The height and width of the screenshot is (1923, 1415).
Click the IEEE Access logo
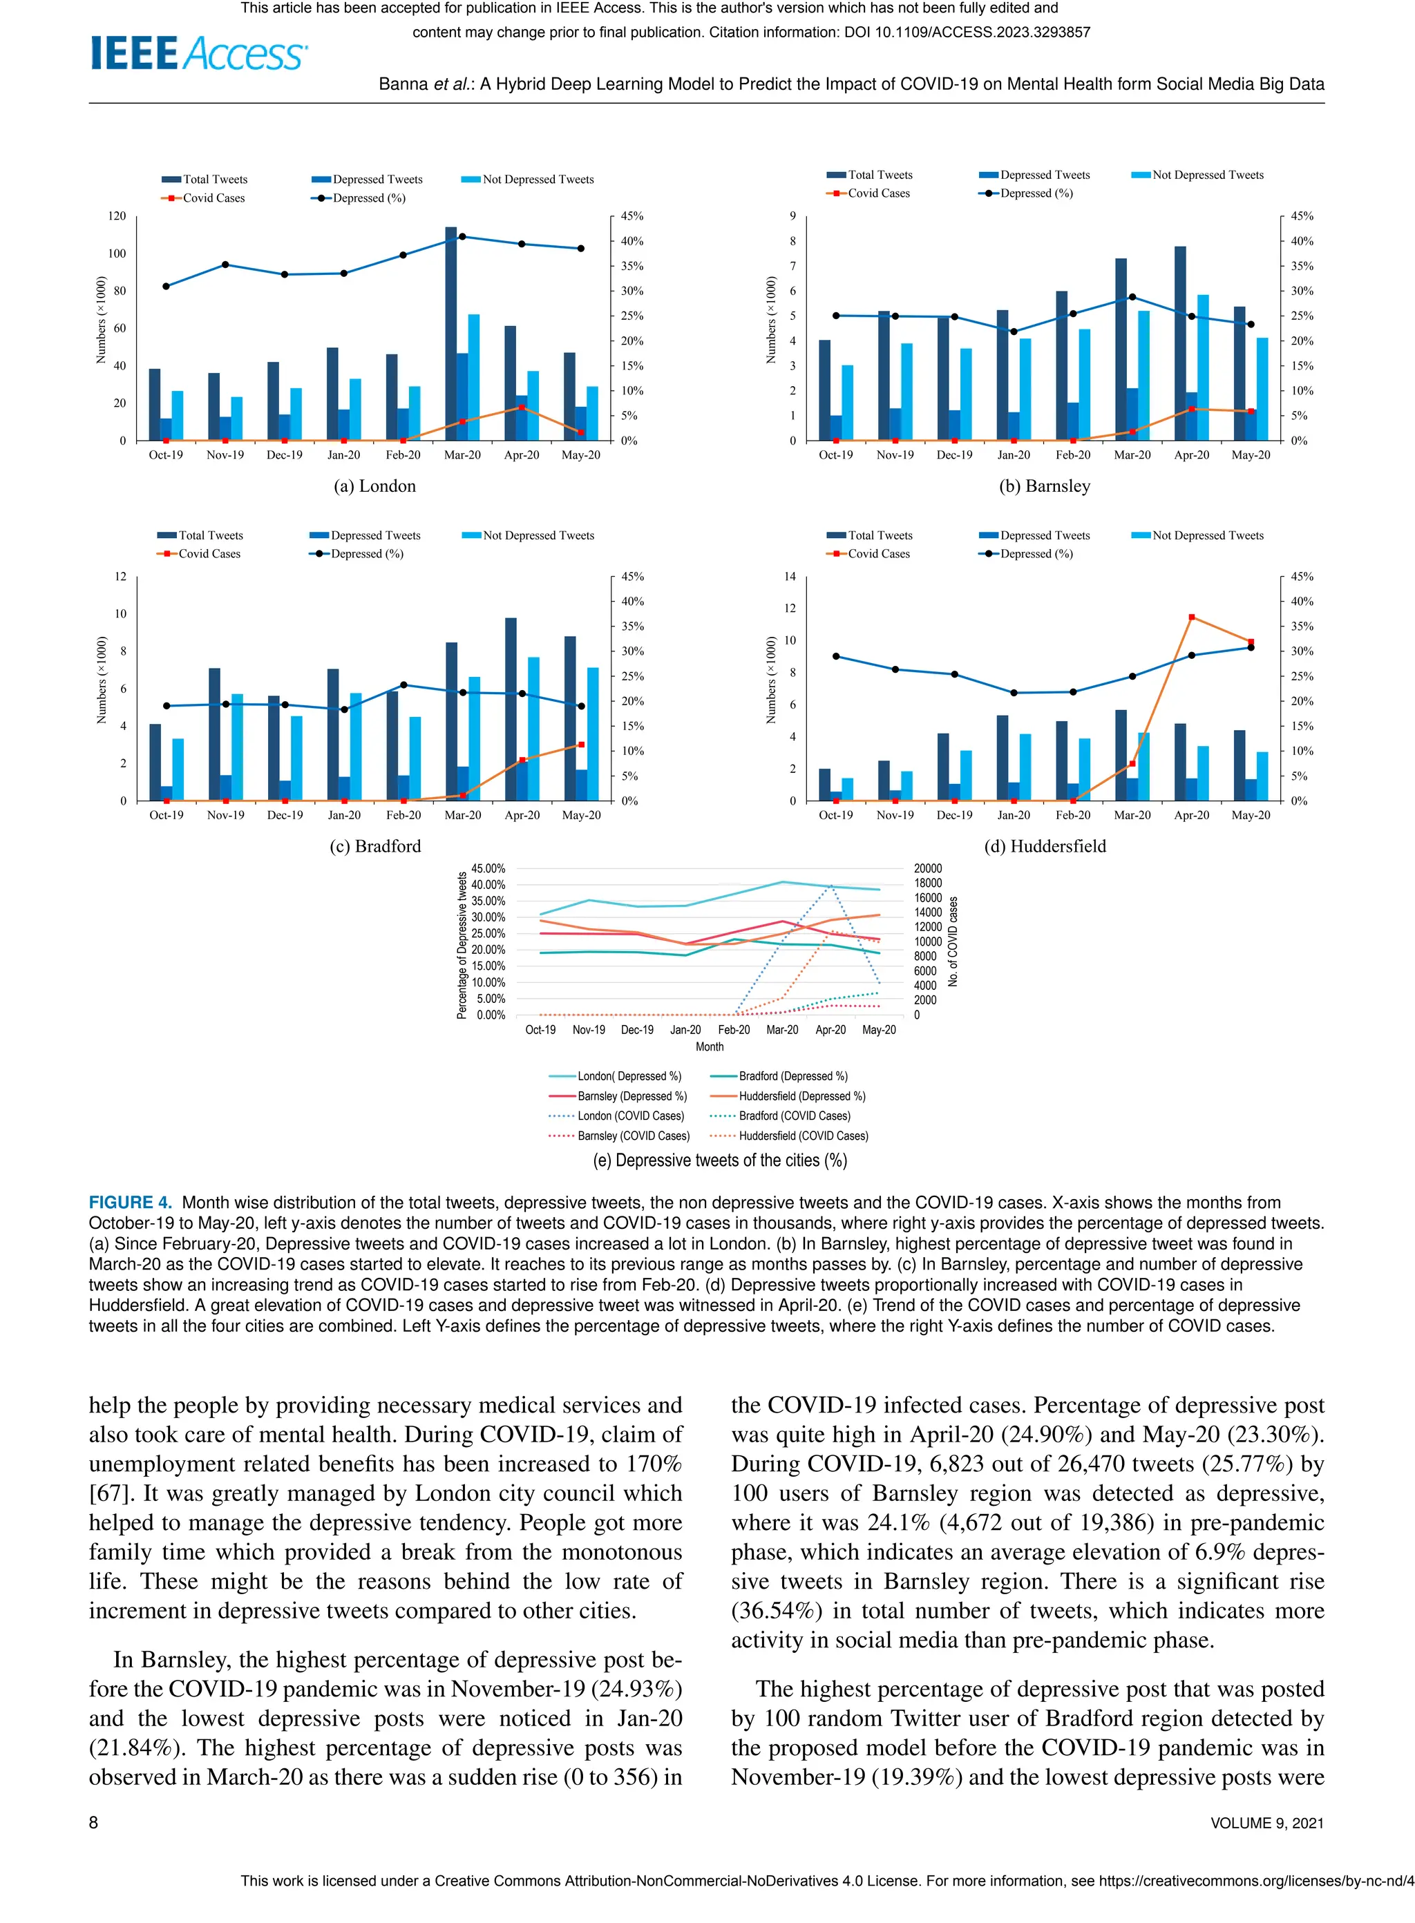[x=199, y=53]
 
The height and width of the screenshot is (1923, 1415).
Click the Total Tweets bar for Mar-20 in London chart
[x=450, y=334]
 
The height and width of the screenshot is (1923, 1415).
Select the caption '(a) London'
[x=374, y=486]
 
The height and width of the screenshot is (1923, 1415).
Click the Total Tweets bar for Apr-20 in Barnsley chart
[x=1180, y=343]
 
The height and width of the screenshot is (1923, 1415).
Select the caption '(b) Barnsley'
[x=1044, y=486]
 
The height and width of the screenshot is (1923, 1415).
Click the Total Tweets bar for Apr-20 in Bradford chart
[x=511, y=709]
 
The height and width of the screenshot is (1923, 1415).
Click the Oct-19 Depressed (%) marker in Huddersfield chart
[x=836, y=657]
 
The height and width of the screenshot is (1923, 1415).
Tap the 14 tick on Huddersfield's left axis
[x=789, y=577]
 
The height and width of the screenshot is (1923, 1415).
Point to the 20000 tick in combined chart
[x=929, y=868]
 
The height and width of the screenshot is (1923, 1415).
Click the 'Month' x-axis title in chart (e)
[x=709, y=1046]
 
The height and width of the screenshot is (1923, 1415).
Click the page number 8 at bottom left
[x=93, y=1823]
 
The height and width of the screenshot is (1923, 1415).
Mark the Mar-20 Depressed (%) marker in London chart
[x=462, y=236]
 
